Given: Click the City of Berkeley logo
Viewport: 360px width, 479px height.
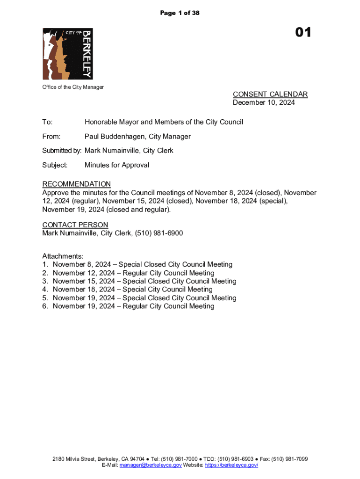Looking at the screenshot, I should click(68, 54).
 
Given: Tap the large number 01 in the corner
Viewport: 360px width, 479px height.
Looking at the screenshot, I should click(302, 33).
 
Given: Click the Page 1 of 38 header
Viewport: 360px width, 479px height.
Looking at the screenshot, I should click(180, 13).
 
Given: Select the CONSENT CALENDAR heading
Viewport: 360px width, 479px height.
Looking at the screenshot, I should click(270, 94).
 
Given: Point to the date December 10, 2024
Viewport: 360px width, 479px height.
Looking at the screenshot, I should click(264, 102).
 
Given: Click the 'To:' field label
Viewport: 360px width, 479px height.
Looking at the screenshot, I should click(48, 122).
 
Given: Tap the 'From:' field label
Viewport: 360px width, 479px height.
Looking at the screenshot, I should click(51, 137).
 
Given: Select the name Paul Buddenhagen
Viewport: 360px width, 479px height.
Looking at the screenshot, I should click(114, 137).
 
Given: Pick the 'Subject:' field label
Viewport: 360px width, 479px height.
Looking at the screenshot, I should click(55, 165).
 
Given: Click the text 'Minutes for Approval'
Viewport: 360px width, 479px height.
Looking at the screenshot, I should click(117, 165).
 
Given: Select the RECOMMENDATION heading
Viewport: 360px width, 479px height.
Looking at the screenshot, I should click(77, 184).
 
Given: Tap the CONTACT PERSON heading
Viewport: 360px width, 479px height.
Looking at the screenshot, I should click(75, 225).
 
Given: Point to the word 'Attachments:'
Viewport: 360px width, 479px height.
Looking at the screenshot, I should click(63, 256).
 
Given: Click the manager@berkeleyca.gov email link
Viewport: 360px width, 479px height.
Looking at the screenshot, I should click(151, 466).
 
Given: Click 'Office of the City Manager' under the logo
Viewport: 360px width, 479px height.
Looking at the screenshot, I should click(73, 87).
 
